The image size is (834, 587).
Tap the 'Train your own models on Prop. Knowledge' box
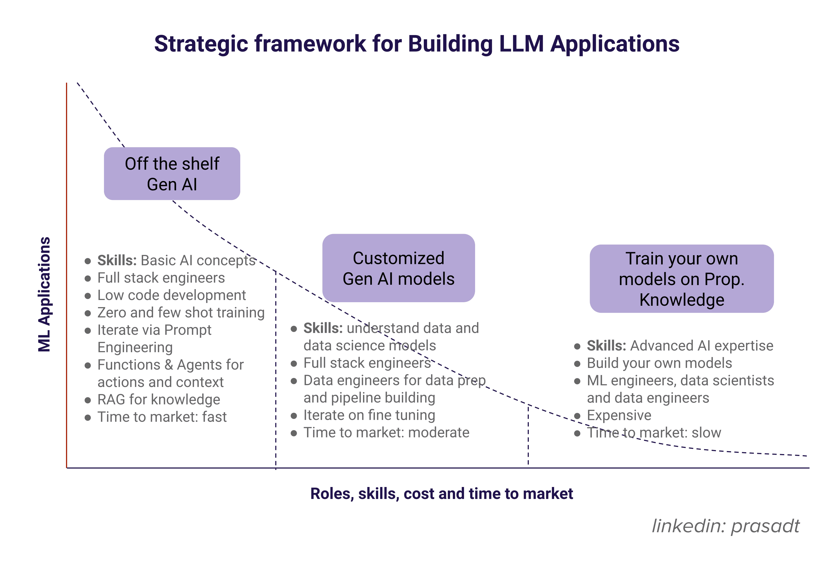coord(681,279)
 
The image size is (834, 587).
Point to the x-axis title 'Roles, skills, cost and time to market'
coord(441,494)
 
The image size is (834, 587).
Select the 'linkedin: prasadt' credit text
coord(725,526)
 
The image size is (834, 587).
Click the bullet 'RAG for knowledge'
coord(159,399)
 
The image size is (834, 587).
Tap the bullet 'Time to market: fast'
coord(162,417)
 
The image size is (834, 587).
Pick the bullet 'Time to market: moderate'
coord(386,432)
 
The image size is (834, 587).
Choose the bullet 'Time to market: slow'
coord(653,432)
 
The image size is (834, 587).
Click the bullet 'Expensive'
coord(619,415)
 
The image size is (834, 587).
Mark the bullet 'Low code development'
coord(172,295)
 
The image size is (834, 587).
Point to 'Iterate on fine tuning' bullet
coord(369,415)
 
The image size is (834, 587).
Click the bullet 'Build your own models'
coord(659,363)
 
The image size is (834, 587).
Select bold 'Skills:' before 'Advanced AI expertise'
coord(606,345)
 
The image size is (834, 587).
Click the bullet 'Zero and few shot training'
coord(181,313)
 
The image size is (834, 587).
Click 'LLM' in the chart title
coord(521,44)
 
